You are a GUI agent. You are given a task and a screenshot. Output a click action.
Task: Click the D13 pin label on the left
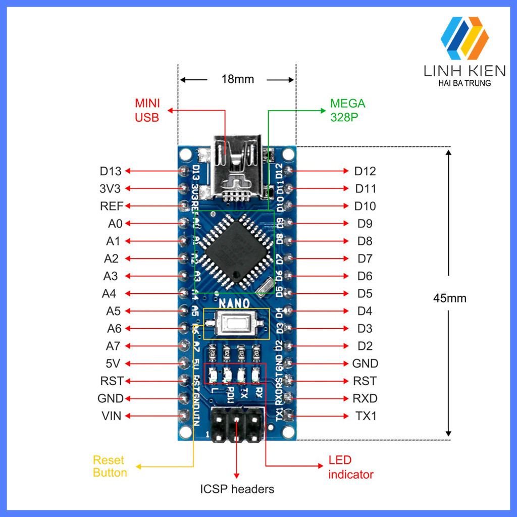pos(111,171)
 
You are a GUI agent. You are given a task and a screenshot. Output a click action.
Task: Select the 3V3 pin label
pos(111,189)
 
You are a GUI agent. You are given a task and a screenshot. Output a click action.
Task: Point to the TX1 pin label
pos(366,416)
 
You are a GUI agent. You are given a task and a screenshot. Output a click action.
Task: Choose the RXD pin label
pos(365,398)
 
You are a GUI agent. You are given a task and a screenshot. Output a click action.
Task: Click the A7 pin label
pos(113,346)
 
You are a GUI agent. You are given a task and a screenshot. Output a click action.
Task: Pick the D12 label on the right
pos(365,171)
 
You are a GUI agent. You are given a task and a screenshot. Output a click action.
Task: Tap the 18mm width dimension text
pos(237,79)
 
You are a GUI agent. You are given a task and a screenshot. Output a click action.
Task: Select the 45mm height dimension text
pos(449,298)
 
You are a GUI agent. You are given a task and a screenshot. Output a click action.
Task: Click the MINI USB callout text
pos(147,110)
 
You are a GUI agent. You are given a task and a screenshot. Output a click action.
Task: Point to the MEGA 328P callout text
pos(347,110)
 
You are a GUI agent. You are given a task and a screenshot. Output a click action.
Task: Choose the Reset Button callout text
pos(110,467)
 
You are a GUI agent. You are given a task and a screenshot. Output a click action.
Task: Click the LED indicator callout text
pos(351,468)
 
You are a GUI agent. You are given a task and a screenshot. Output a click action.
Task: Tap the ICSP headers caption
pos(237,489)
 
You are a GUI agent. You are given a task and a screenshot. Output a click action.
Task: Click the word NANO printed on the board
pos(234,303)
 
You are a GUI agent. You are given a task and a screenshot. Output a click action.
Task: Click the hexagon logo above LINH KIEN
pos(464,38)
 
